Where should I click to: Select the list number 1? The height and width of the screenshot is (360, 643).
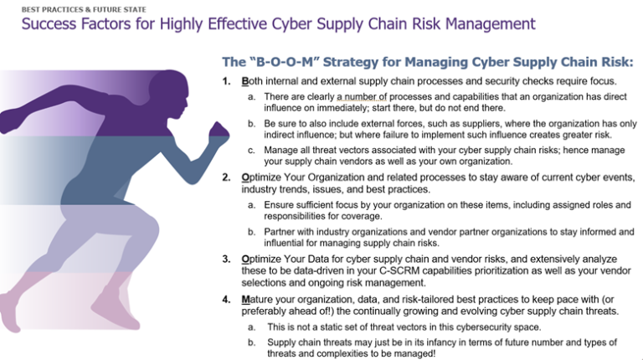pyautogui.click(x=225, y=82)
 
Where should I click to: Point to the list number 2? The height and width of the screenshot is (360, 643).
pyautogui.click(x=225, y=177)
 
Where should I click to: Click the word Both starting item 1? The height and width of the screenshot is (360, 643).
pyautogui.click(x=252, y=82)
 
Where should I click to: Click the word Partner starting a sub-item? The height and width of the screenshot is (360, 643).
pyautogui.click(x=281, y=231)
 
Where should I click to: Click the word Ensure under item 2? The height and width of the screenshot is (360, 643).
pyautogui.click(x=281, y=204)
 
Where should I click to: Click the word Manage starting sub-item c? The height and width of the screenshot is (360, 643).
pyautogui.click(x=283, y=150)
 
